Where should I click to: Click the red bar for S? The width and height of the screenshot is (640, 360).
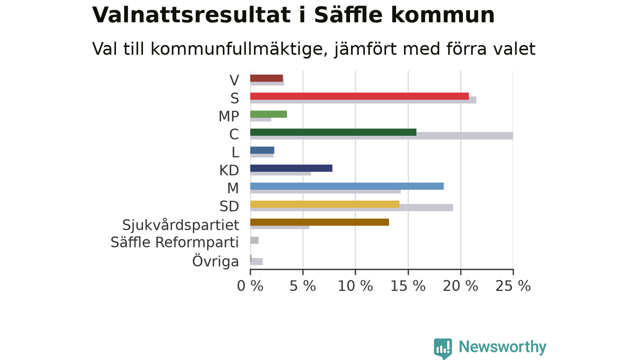pyautogui.click(x=359, y=96)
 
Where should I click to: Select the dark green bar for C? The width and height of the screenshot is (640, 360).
pyautogui.click(x=333, y=132)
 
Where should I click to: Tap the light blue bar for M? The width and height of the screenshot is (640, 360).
pyautogui.click(x=347, y=186)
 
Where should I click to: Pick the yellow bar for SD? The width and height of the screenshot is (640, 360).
pyautogui.click(x=325, y=204)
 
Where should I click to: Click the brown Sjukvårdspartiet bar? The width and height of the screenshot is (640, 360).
pyautogui.click(x=319, y=222)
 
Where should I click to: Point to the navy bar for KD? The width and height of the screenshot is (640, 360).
pyautogui.click(x=291, y=168)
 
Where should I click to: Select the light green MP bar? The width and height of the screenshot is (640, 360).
pyautogui.click(x=268, y=114)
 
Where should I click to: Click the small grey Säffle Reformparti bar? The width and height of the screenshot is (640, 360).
pyautogui.click(x=254, y=240)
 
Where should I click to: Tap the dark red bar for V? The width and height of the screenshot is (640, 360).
pyautogui.click(x=266, y=78)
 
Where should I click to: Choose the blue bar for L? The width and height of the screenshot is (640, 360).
pyautogui.click(x=262, y=150)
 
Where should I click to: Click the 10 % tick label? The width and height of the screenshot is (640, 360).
pyautogui.click(x=355, y=286)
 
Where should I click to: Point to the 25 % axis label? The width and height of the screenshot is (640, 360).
pyautogui.click(x=513, y=286)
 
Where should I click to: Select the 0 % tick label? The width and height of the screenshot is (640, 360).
pyautogui.click(x=250, y=286)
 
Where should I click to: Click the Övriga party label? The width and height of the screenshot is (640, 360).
pyautogui.click(x=215, y=261)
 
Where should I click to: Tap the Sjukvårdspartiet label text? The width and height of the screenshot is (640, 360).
pyautogui.click(x=180, y=225)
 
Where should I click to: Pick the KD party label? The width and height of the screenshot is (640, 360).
pyautogui.click(x=229, y=170)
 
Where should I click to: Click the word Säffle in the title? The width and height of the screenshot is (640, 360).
pyautogui.click(x=348, y=15)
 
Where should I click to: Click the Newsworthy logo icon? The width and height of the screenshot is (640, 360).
pyautogui.click(x=443, y=348)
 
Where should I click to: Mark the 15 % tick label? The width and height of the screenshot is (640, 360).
pyautogui.click(x=407, y=286)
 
